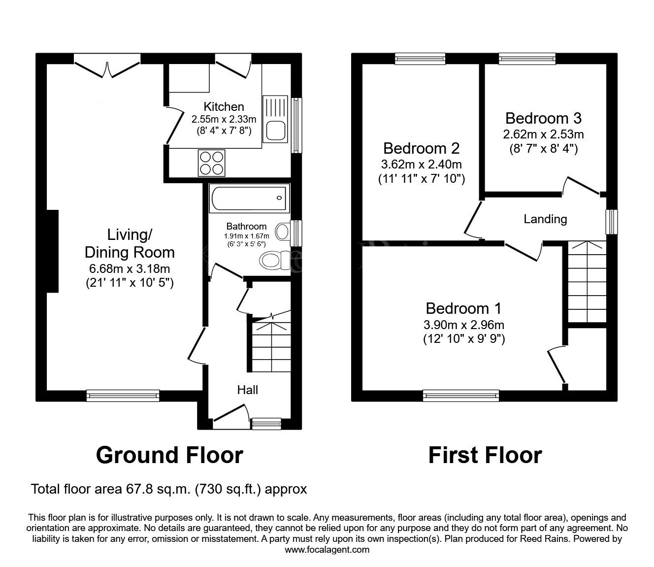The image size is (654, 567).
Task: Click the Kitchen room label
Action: [x=224, y=107]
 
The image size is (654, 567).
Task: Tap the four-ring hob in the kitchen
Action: [x=212, y=163]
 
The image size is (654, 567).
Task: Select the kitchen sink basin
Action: [x=276, y=131]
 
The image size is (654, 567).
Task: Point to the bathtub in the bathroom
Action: [x=249, y=198]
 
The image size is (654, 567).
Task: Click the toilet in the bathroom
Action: [x=274, y=261]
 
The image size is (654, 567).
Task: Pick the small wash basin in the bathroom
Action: [x=283, y=232]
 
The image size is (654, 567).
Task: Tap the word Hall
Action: [x=247, y=390]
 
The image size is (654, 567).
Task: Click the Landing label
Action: [x=545, y=219]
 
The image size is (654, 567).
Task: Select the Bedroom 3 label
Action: [x=543, y=118]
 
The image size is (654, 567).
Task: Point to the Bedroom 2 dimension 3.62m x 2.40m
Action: [x=421, y=165]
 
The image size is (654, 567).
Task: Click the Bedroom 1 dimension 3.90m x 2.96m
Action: [x=464, y=325]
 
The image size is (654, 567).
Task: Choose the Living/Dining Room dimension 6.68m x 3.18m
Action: [x=130, y=268]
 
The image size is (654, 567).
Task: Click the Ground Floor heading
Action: [x=169, y=455]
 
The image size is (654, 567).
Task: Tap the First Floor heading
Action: [x=486, y=455]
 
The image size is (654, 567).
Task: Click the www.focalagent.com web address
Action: [x=327, y=550]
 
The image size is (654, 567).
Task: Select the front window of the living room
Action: [x=123, y=396]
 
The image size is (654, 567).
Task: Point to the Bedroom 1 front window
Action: [x=461, y=396]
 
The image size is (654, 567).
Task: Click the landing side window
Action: [x=612, y=222]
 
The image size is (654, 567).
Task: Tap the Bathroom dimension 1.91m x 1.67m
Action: [x=246, y=236]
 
